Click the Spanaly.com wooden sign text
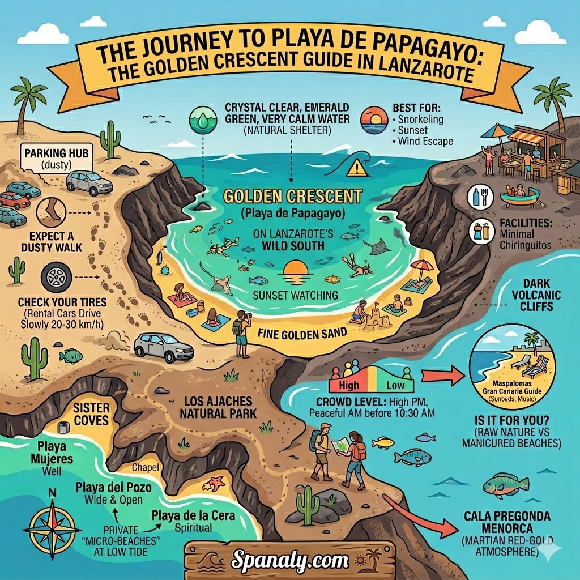point(289,560)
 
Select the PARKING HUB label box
point(45,159)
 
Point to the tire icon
point(56,278)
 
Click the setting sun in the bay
point(295,268)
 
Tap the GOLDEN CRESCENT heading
point(292,197)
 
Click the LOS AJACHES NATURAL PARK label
point(218,407)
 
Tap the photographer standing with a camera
point(242,334)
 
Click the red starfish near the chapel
point(216,483)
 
